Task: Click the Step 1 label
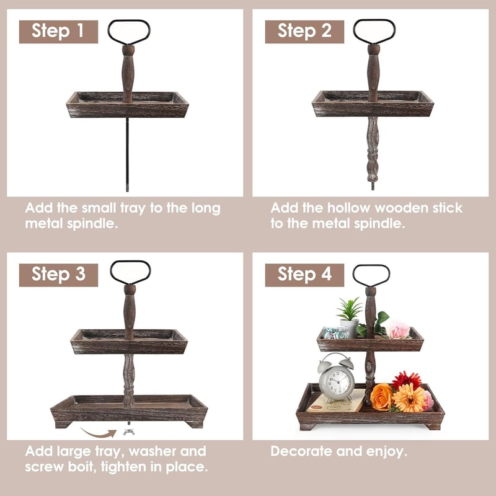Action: [58, 32]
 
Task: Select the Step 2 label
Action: [304, 32]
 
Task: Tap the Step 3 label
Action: [58, 275]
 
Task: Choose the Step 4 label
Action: [304, 275]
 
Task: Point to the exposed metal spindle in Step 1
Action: [128, 154]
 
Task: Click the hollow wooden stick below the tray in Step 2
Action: [373, 149]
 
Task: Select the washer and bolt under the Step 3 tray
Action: [129, 429]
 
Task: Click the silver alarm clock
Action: [336, 378]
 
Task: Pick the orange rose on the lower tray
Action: [381, 397]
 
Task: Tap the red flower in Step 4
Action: [406, 380]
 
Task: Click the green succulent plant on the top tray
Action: [350, 309]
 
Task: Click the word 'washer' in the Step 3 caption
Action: [152, 451]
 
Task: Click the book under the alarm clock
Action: [335, 401]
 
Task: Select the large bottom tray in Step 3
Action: [129, 410]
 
